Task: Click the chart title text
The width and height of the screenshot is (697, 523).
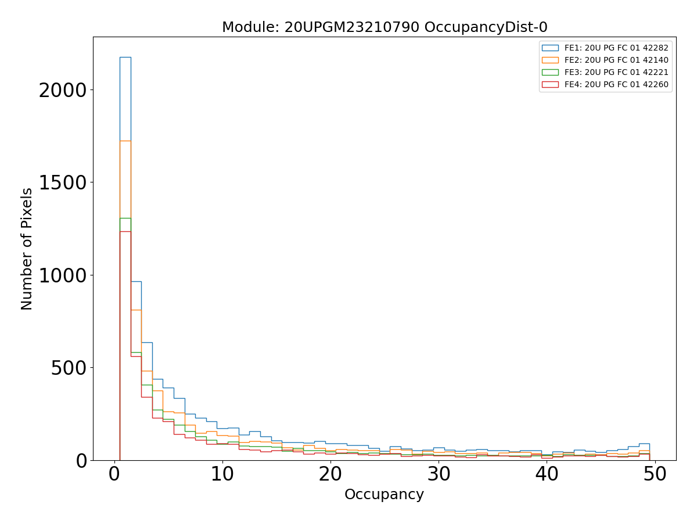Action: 385,27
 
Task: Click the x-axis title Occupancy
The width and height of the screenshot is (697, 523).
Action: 384,495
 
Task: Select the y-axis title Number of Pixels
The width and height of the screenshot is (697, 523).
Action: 27,249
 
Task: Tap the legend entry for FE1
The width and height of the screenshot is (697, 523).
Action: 616,48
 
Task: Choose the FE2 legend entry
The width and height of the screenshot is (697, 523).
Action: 616,60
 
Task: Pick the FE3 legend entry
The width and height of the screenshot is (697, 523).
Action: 616,72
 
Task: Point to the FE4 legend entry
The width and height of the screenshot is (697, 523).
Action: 616,84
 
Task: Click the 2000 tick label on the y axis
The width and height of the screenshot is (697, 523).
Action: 62,91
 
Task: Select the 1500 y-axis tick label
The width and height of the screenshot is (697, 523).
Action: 62,183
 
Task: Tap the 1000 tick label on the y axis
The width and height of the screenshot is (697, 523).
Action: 62,275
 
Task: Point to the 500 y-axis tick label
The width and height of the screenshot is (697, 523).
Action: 69,368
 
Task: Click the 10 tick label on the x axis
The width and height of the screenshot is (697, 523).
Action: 222,474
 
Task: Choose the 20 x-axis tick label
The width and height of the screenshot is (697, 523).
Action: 330,474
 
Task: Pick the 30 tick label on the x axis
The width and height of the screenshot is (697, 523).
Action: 439,474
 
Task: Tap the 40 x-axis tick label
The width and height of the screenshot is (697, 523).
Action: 547,474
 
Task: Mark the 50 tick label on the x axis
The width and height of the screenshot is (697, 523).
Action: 655,474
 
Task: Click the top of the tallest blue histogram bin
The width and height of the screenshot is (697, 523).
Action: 125,57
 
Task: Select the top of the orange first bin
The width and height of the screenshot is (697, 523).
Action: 125,141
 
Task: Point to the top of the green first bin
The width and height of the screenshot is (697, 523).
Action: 125,218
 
